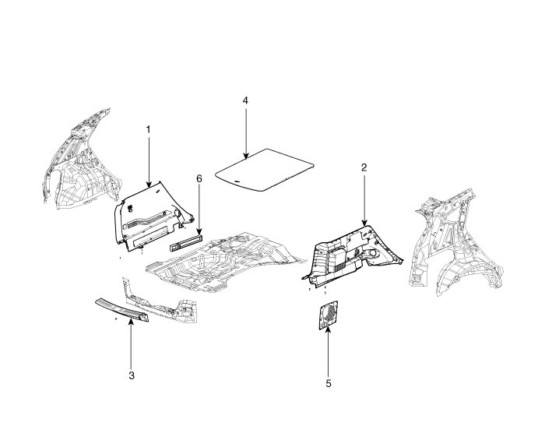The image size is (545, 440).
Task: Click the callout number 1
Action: click(x=149, y=129)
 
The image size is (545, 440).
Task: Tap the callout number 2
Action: click(x=364, y=167)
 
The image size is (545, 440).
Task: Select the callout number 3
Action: click(x=132, y=375)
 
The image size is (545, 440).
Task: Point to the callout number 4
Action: click(x=245, y=100)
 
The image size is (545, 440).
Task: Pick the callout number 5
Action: click(x=329, y=383)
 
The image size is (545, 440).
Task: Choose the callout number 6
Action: click(x=199, y=178)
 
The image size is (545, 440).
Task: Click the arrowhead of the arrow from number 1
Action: click(x=149, y=185)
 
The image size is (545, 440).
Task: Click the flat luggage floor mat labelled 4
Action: click(x=265, y=171)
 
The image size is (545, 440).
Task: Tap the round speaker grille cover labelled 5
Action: click(x=329, y=315)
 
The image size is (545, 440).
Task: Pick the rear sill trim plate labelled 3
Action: click(x=122, y=308)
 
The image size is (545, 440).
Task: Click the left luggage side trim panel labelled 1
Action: click(x=153, y=216)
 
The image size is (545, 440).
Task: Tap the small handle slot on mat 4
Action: click(x=237, y=181)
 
